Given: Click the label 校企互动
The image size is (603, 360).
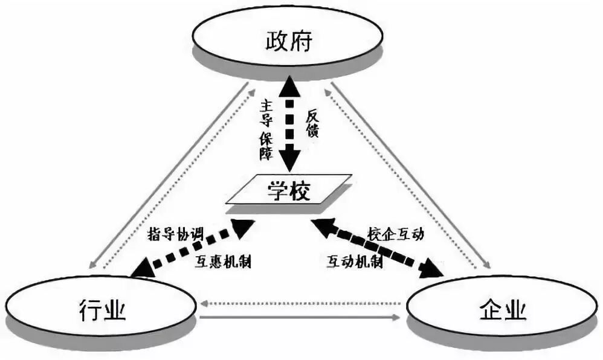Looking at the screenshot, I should pos(396,234).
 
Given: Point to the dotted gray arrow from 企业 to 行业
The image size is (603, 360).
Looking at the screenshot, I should pos(302,300).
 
